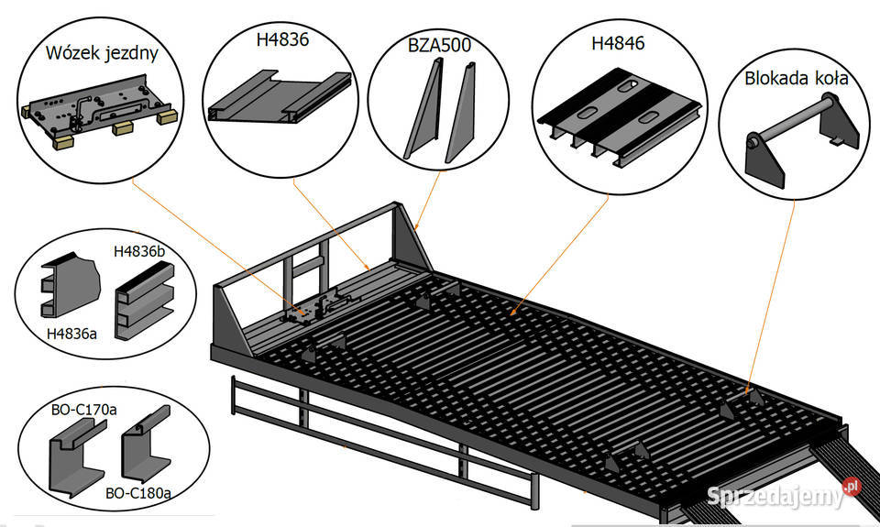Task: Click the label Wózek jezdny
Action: coord(102,53)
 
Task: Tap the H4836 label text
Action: coord(282,39)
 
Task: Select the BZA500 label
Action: coord(439,45)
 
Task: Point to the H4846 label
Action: coord(618,43)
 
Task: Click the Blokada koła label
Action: coord(797,78)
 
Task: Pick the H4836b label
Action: coord(139,251)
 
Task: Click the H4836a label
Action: coord(71,334)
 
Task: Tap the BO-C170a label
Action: coord(83,410)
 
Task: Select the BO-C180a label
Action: coord(138,493)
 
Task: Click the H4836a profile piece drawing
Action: coord(71,285)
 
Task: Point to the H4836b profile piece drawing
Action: coord(144,301)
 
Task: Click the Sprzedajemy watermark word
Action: coord(775,496)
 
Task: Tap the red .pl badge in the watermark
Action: coord(852,486)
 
